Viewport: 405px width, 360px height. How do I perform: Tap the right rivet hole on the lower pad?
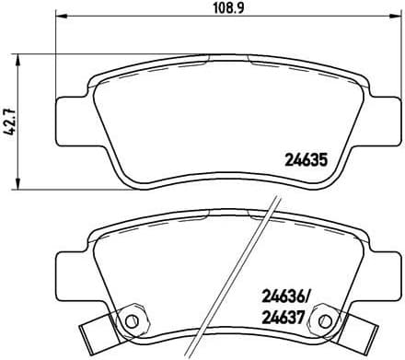[x=323, y=320]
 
